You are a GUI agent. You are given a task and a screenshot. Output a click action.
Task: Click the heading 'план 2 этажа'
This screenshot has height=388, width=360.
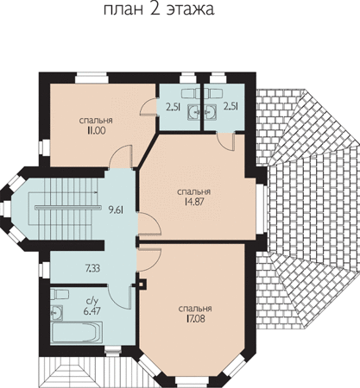pos(159,10)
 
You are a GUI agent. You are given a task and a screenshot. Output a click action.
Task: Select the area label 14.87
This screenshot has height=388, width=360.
pos(194,202)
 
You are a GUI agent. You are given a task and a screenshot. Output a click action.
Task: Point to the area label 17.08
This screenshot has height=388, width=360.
pos(195,319)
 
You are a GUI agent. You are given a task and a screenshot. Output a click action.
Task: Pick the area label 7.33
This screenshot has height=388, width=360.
pos(92,269)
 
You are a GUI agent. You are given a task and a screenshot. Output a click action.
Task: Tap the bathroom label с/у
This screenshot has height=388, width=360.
pos(92,301)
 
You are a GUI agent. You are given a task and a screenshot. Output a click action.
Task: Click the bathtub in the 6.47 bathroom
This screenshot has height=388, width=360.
pos(77,332)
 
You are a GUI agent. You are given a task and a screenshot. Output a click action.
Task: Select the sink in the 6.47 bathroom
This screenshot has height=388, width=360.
pos(57,312)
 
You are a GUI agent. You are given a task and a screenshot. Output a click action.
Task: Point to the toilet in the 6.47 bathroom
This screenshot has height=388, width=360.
pos(60,294)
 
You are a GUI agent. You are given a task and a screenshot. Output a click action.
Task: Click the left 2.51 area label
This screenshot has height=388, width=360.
pos(173,107)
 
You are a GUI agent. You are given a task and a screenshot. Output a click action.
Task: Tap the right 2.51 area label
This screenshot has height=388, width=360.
pos(231,107)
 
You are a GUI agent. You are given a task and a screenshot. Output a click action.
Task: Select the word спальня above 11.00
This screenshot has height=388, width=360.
pos(96,121)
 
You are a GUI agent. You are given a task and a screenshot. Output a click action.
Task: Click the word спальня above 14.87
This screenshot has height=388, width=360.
pos(194,191)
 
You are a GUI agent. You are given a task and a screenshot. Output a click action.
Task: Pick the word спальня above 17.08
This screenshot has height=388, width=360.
pos(195,309)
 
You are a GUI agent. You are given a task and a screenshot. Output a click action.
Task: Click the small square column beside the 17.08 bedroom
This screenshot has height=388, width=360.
pos(142,285)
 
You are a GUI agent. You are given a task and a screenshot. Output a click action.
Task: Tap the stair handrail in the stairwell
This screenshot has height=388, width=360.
pos(68,207)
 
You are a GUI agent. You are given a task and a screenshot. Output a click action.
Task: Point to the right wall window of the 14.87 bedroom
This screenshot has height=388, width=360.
pos(262,210)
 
